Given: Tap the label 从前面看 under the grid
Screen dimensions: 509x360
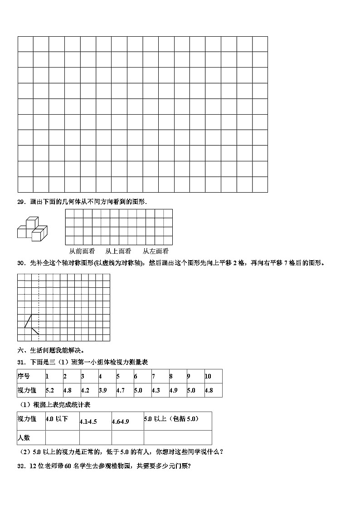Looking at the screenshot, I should (82, 251).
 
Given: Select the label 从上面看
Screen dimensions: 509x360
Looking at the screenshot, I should (118, 251).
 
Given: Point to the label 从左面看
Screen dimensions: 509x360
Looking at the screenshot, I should (156, 251).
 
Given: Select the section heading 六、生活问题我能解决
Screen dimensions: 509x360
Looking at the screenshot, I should (51, 350).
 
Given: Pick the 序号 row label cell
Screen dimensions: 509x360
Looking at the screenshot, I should (24, 376).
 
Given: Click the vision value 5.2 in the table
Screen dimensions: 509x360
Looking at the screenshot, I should (50, 390).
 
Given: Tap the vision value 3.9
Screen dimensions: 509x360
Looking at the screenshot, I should (103, 390).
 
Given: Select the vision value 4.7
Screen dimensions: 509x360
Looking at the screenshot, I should (121, 390).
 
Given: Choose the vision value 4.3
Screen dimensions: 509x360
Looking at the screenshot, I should (156, 390).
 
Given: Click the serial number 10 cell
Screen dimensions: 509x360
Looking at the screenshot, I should (208, 376).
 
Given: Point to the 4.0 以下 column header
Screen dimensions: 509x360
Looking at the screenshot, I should (57, 419).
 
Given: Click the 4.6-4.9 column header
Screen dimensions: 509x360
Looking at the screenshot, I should (121, 422).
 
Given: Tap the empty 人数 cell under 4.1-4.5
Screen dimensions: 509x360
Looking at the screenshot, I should (95, 437).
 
